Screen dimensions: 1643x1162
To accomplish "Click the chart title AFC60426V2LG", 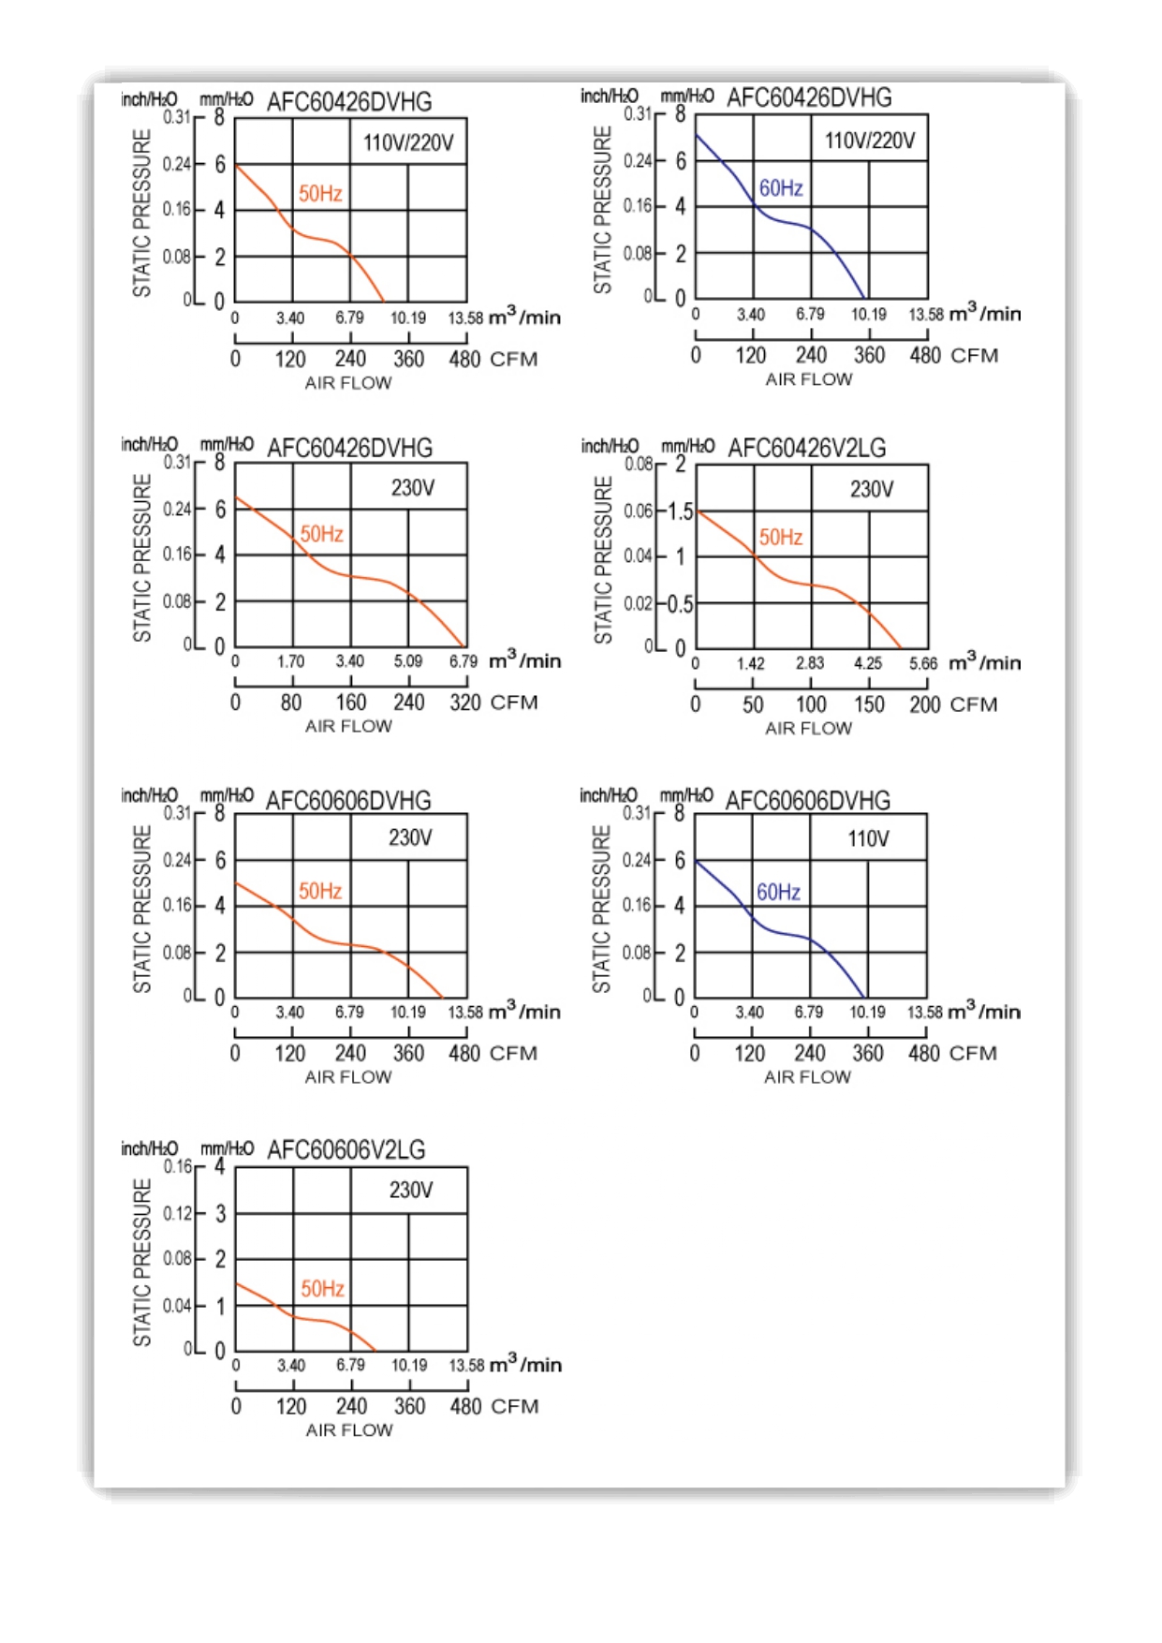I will (x=806, y=449).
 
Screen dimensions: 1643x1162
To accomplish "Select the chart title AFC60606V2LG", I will (x=346, y=1149).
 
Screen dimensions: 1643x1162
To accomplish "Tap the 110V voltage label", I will (x=868, y=838).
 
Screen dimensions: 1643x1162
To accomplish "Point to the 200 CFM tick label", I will (x=924, y=704).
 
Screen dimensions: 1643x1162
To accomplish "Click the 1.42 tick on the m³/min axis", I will (x=751, y=663).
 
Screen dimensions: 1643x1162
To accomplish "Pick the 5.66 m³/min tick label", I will (x=923, y=663).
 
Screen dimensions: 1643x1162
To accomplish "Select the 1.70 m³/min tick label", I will (x=291, y=661).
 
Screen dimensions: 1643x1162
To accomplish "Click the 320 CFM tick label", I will (x=465, y=703).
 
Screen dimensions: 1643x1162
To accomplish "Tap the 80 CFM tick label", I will (x=291, y=703).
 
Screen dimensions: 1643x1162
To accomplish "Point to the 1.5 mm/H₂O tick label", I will (x=681, y=511).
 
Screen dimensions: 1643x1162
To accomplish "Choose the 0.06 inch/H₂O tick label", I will (x=639, y=511).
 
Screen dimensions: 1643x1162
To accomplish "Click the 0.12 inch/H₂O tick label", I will (x=178, y=1213).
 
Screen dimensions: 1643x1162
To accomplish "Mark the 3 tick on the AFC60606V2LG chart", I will (x=220, y=1213).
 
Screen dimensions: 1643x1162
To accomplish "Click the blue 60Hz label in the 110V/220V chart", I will (x=781, y=188).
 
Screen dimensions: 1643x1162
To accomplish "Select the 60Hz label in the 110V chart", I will (x=778, y=892).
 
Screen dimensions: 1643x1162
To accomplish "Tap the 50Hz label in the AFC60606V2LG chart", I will (x=322, y=1289).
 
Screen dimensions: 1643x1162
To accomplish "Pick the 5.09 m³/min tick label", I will (x=408, y=661).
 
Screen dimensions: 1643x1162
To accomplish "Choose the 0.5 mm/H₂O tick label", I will (x=681, y=604).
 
